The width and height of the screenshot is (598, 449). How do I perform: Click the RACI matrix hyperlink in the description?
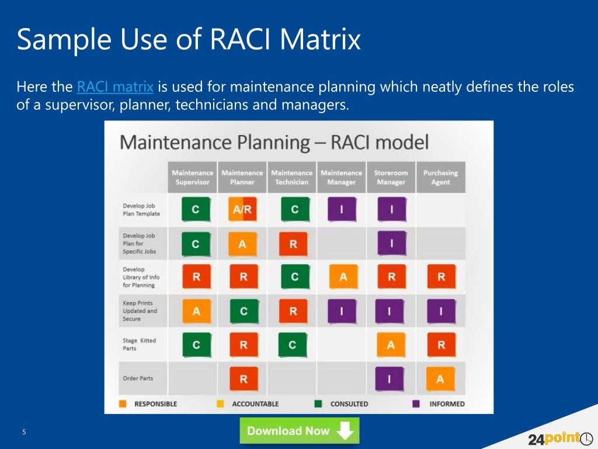pos(115,88)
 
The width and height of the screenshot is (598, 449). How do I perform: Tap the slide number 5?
pos(24,432)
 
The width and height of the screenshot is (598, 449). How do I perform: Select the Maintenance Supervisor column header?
pos(193,177)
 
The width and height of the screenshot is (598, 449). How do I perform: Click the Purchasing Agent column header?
pos(440,177)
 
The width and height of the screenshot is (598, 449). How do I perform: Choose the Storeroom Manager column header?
pos(391,177)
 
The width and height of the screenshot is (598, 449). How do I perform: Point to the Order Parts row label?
pos(138,378)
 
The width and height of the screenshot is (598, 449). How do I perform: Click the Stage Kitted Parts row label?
pos(140,344)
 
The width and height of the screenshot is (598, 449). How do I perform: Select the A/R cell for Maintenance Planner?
pos(242,210)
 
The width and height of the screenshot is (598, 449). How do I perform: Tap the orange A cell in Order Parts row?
pos(440,379)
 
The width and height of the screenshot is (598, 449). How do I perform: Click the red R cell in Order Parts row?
pos(243,379)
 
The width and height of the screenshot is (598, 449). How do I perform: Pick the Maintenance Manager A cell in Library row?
pos(343,277)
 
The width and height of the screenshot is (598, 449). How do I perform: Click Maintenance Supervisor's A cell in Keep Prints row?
pos(196,312)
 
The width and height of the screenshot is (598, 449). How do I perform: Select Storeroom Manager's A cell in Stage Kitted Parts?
pos(391,345)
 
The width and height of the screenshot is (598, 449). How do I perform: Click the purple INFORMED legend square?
pos(416,403)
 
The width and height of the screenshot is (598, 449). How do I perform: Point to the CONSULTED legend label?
pos(349,403)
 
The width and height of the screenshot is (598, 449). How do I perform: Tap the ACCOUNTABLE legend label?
pos(255,403)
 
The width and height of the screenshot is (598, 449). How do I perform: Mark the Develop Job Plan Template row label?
pos(141,210)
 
